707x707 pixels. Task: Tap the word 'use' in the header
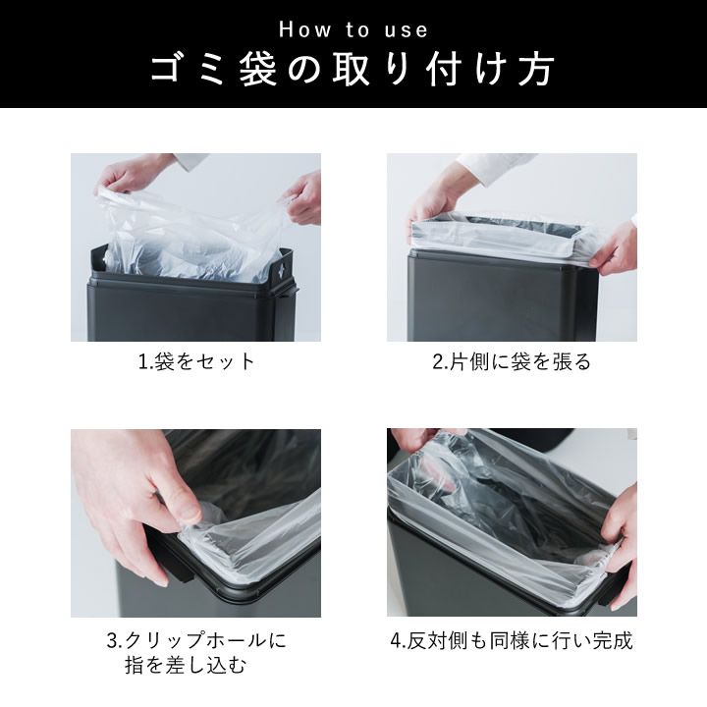406,30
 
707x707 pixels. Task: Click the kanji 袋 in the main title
258,71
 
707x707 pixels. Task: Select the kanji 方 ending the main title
536,71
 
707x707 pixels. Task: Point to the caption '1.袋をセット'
196,361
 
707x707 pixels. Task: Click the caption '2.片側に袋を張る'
512,361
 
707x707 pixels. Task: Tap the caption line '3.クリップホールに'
196,640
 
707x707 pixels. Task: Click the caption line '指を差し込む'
186,665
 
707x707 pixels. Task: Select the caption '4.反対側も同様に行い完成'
512,640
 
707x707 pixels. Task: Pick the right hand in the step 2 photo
613,247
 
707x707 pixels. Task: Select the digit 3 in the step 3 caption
112,641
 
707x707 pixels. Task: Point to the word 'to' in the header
358,30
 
